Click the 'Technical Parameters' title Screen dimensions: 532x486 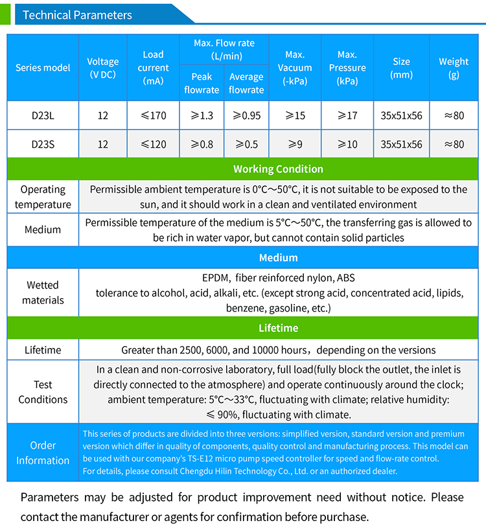tap(77, 15)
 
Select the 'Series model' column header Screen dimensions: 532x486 tap(43, 67)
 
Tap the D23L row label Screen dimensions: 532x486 tap(43, 115)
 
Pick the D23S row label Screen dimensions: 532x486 tap(43, 144)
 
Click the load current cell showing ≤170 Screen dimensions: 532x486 tap(154, 115)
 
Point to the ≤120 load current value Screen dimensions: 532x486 tap(154, 144)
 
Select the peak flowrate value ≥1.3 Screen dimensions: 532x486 tap(202, 115)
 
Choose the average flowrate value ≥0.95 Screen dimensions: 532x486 tap(246, 115)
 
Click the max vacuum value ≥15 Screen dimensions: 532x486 tap(295, 115)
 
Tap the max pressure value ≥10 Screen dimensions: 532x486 tap(347, 144)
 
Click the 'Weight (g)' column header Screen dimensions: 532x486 tap(454, 68)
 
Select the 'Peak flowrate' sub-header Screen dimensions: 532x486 tap(202, 83)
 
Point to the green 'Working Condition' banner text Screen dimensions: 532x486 tap(278, 169)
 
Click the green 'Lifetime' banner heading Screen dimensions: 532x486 tap(278, 328)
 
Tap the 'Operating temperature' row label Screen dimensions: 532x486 tap(43, 197)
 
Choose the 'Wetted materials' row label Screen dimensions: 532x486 tap(43, 292)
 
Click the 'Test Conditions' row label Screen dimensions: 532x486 tap(43, 391)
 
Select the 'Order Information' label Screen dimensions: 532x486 tap(43, 453)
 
